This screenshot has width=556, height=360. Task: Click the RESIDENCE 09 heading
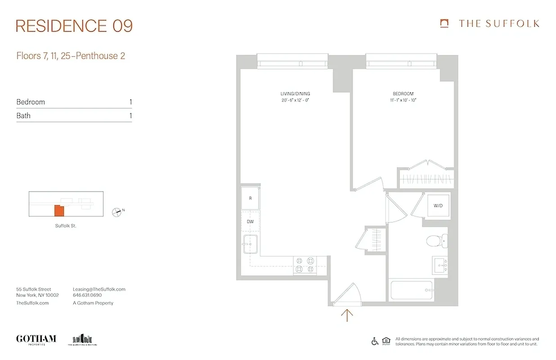[74, 26]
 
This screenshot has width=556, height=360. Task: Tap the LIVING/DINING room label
[295, 94]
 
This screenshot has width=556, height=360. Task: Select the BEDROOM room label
[403, 94]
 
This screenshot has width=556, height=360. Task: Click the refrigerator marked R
[251, 198]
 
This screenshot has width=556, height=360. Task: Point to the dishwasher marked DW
[251, 222]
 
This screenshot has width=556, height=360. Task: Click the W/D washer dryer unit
[438, 206]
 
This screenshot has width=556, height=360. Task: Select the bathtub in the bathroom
[412, 290]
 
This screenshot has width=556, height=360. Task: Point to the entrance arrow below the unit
[347, 315]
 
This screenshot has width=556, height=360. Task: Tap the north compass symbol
[117, 211]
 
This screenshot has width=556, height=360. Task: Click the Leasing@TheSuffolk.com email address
[99, 289]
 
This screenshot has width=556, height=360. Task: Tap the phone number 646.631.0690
[87, 296]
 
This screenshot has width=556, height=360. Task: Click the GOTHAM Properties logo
[36, 339]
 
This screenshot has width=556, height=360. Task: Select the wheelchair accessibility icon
[375, 341]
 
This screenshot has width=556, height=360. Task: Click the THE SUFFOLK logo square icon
[444, 23]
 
